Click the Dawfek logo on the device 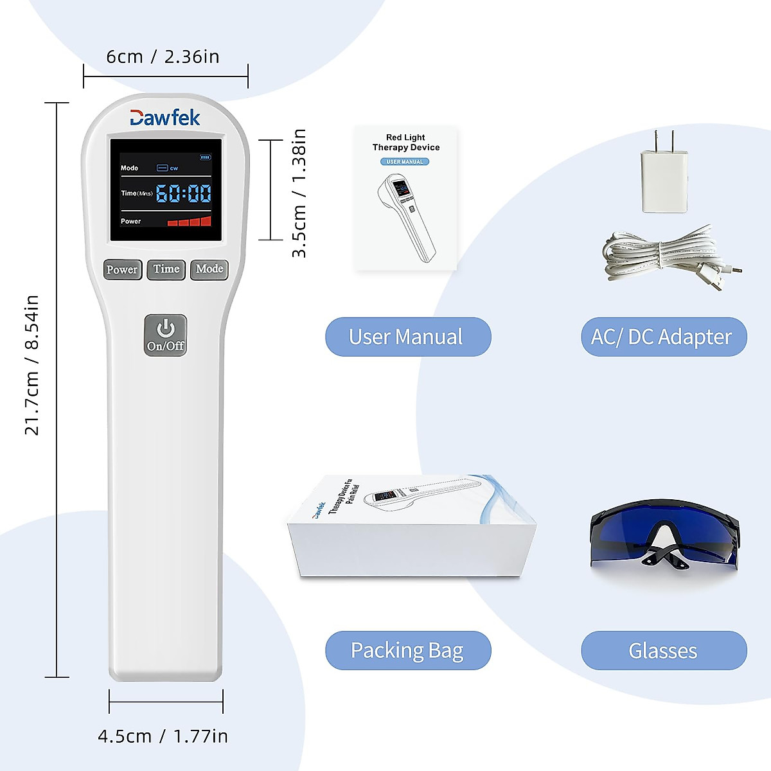click(165, 118)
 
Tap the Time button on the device click(166, 269)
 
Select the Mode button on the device click(209, 269)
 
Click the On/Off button click(165, 335)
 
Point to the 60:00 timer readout click(184, 193)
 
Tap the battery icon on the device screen click(205, 156)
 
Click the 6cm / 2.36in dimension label click(163, 57)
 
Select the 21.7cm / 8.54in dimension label click(31, 365)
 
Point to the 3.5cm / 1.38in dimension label click(299, 193)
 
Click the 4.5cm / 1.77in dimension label click(163, 736)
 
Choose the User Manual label click(407, 337)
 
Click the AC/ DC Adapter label click(663, 337)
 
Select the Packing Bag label click(407, 650)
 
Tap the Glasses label click(663, 651)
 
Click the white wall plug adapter click(664, 181)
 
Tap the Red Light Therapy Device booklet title click(405, 142)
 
